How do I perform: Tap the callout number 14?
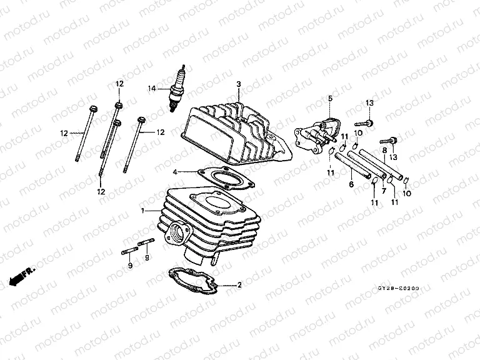coord(151,88)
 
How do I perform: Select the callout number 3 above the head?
coord(238,84)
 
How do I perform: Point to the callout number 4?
coord(176,171)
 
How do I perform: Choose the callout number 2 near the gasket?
coord(239,285)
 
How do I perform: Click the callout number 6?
coord(351,184)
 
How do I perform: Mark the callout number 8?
coord(384,151)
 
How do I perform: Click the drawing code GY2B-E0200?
coord(398,289)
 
